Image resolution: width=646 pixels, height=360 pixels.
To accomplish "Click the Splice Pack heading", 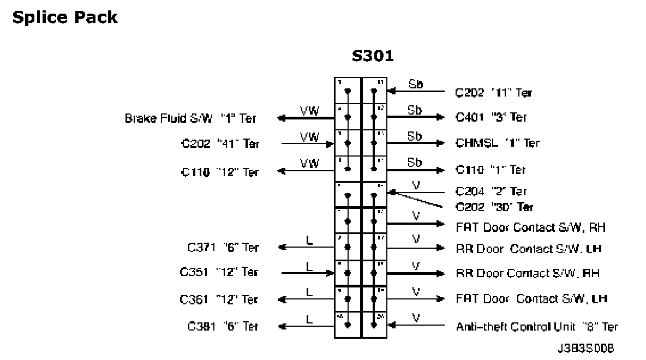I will (64, 17).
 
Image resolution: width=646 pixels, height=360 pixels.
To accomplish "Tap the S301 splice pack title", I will (373, 57).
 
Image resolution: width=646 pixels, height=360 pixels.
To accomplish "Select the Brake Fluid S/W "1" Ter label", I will (190, 118).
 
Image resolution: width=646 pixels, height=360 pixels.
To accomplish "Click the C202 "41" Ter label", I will (220, 144).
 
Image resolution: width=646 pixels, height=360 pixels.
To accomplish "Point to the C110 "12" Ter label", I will (220, 172).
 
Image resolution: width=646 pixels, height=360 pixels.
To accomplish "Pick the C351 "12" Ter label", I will (219, 272).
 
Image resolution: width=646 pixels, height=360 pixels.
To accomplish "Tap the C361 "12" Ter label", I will (219, 299).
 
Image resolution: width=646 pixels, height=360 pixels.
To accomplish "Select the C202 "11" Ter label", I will (493, 93).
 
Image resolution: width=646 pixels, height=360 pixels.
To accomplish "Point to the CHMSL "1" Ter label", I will (498, 143).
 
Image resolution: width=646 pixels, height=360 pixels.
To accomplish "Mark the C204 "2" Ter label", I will (491, 191).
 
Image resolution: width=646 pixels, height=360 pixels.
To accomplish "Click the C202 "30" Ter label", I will (494, 207).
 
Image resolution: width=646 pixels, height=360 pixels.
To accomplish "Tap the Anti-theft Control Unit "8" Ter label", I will (536, 327).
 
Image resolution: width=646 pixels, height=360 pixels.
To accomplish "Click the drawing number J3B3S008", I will (589, 347).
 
